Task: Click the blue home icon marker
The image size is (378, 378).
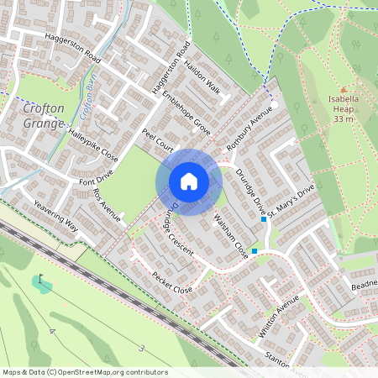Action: [x=189, y=181]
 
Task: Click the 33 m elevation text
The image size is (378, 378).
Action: [x=343, y=119]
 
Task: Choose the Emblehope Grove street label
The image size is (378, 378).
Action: [x=186, y=113]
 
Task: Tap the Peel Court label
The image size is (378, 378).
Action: [x=157, y=139]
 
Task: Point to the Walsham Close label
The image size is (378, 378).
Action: [x=232, y=238]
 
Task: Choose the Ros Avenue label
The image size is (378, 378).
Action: [x=107, y=206]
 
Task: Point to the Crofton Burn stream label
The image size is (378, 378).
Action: [x=84, y=102]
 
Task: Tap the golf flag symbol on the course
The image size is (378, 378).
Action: [x=40, y=280]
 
